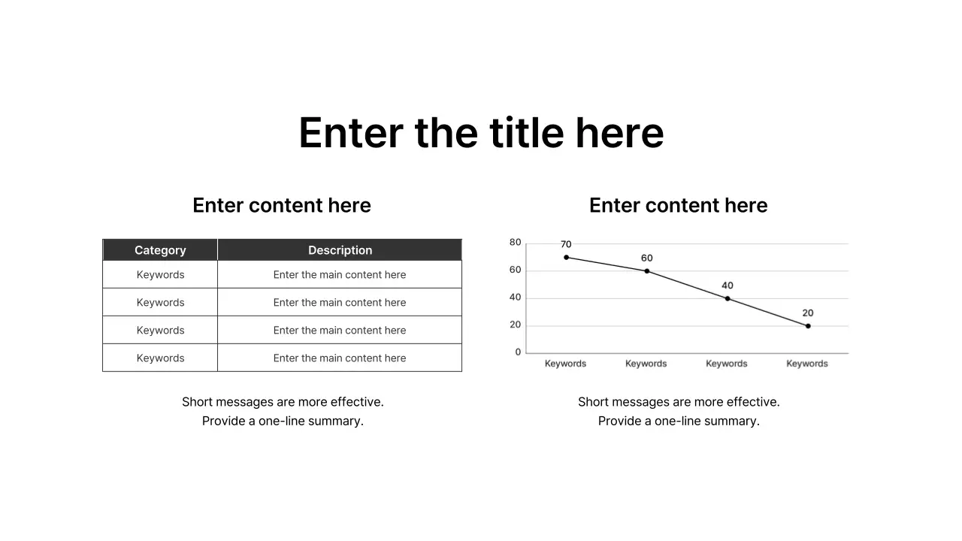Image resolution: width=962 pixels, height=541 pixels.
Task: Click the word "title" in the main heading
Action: (x=526, y=133)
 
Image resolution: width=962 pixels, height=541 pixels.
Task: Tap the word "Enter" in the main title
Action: (x=349, y=133)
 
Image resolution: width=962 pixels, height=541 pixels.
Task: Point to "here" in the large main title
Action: (x=619, y=133)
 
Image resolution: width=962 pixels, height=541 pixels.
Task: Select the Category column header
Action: (x=160, y=250)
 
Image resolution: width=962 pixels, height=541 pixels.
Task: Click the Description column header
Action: (x=340, y=250)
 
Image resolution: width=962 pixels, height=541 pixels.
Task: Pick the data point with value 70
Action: (x=566, y=257)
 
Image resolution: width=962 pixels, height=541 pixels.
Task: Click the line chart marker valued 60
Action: (x=646, y=270)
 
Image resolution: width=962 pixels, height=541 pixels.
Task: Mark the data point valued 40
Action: (x=727, y=298)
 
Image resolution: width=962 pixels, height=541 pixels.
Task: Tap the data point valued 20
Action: (x=808, y=326)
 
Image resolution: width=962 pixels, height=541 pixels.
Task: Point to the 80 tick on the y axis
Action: (x=515, y=242)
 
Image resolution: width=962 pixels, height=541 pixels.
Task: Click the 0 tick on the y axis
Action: (x=518, y=352)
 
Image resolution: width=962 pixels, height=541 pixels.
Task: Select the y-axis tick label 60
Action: (x=515, y=270)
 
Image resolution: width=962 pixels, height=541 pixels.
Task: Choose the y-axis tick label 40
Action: (x=515, y=298)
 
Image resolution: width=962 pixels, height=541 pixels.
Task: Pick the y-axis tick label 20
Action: (x=515, y=325)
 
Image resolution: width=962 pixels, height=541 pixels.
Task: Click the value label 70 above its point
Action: (x=566, y=244)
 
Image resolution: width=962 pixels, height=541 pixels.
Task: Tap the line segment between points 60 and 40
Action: (x=687, y=285)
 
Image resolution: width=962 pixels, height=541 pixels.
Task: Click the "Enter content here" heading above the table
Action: (x=282, y=205)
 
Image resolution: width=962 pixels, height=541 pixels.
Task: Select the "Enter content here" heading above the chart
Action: (x=678, y=205)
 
